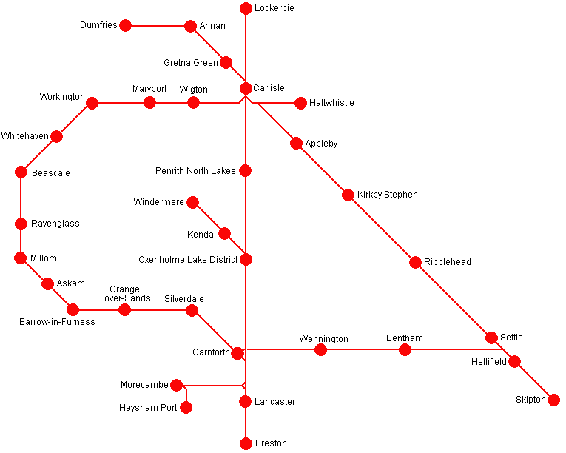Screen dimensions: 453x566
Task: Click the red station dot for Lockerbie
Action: [x=246, y=9]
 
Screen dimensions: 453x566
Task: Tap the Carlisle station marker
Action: [x=246, y=89]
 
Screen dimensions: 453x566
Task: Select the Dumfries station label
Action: [x=98, y=26]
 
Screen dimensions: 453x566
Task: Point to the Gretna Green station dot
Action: [x=226, y=63]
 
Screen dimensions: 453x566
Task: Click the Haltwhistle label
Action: [x=331, y=103]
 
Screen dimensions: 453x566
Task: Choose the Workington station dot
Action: [x=92, y=103]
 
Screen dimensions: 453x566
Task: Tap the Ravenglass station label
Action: [x=55, y=224]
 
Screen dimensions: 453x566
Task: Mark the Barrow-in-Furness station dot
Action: [x=73, y=310]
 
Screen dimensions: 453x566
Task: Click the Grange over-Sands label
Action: [x=129, y=294]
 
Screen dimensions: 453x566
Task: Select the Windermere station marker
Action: [x=192, y=202]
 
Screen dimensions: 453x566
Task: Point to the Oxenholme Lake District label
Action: [x=188, y=260]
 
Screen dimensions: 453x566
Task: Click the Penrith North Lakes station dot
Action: [x=246, y=171]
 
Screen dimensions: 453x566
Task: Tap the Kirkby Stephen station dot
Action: [x=348, y=195]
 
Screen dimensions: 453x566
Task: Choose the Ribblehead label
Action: [x=448, y=262]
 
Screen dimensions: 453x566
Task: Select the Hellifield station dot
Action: [x=514, y=362]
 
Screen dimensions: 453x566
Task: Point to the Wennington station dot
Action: [x=320, y=349]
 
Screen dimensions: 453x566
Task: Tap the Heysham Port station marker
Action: [x=186, y=408]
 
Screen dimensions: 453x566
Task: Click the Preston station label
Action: [x=270, y=443]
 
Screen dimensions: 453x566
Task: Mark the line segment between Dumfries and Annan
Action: [x=158, y=26]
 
